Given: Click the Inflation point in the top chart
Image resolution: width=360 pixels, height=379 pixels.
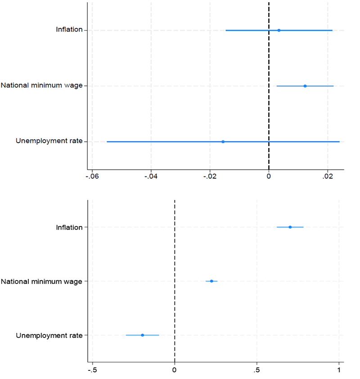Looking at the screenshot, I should (x=279, y=30).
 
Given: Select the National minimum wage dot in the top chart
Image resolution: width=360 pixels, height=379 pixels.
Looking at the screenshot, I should (x=305, y=86).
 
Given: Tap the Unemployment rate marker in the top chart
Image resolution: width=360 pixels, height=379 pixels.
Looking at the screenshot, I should (x=223, y=142).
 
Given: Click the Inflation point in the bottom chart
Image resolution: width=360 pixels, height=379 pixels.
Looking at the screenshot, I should (x=290, y=227).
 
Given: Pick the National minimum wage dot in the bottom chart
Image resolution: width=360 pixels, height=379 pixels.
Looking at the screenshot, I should (x=211, y=281).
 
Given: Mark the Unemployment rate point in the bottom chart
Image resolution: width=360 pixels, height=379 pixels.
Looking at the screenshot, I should (x=143, y=335).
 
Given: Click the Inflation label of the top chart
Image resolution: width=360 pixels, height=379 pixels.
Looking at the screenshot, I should (x=69, y=30).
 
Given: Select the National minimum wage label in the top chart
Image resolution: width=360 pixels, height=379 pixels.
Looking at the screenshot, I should (x=41, y=86).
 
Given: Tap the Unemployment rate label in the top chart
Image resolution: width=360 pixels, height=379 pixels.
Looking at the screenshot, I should (x=49, y=141).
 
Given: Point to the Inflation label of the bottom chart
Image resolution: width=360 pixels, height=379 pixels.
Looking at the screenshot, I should (x=69, y=227).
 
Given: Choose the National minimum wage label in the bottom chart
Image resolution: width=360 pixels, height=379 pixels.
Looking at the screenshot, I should (x=41, y=282).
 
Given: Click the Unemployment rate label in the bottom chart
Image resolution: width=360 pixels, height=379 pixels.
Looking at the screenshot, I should (x=49, y=335).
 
